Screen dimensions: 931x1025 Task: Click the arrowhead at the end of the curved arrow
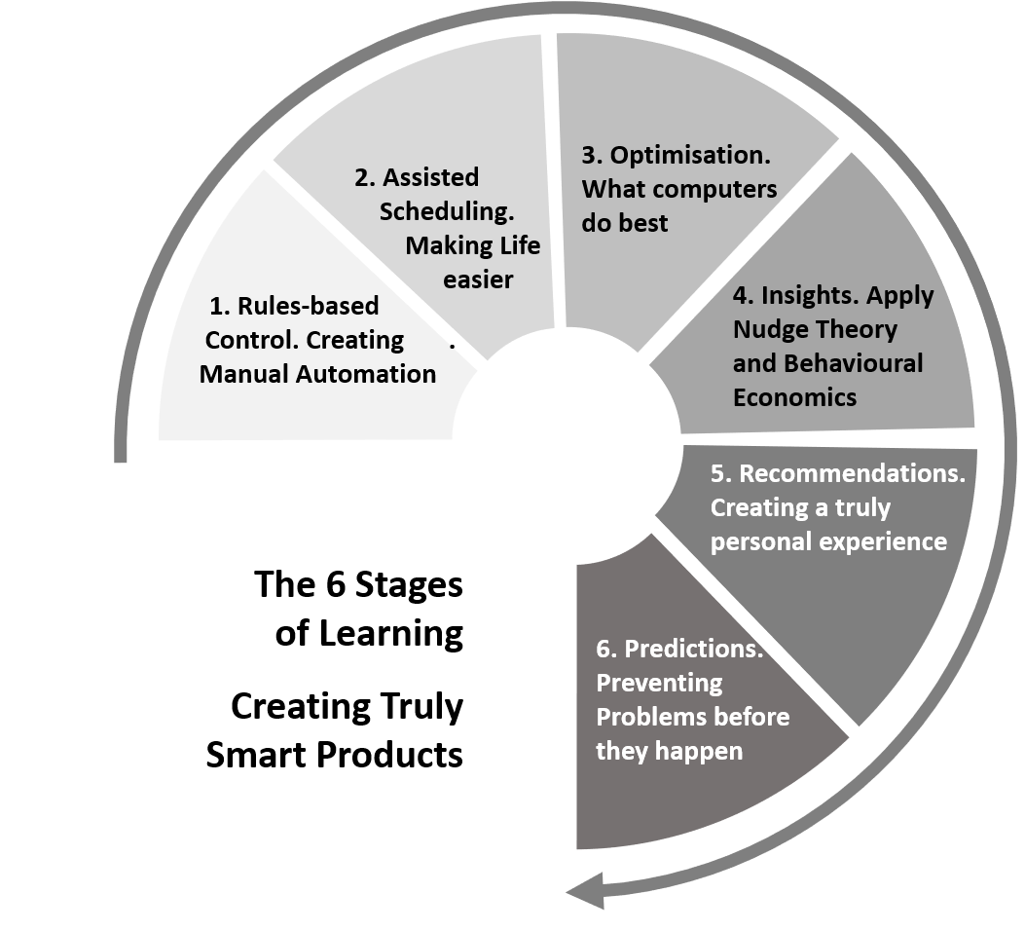[582, 890]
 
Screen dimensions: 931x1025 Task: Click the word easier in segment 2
[478, 279]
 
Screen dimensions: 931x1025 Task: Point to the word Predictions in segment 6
[693, 649]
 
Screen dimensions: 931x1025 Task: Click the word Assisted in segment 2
[430, 177]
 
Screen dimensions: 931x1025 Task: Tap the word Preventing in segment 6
[658, 683]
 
